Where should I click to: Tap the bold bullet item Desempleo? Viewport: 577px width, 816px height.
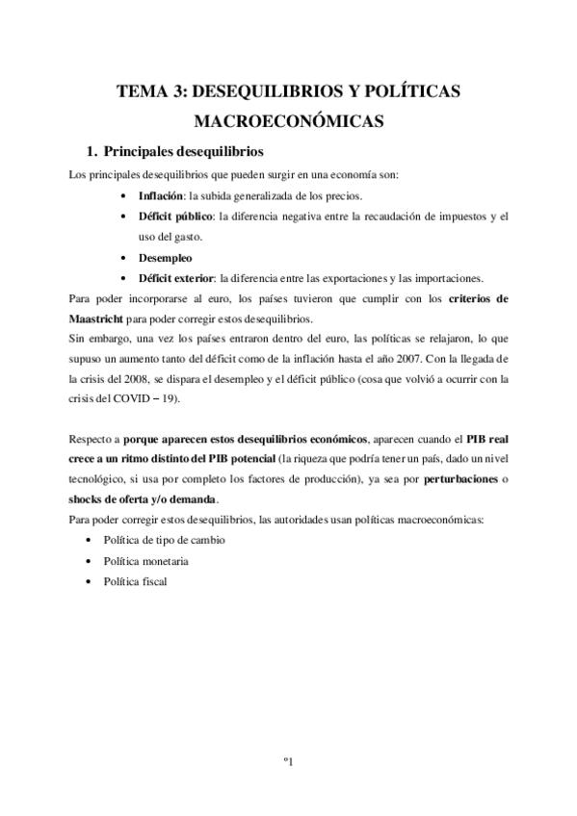166,258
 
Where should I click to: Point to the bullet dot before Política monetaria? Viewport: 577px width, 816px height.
90,560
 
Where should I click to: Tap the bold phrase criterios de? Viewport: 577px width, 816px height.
483,299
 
